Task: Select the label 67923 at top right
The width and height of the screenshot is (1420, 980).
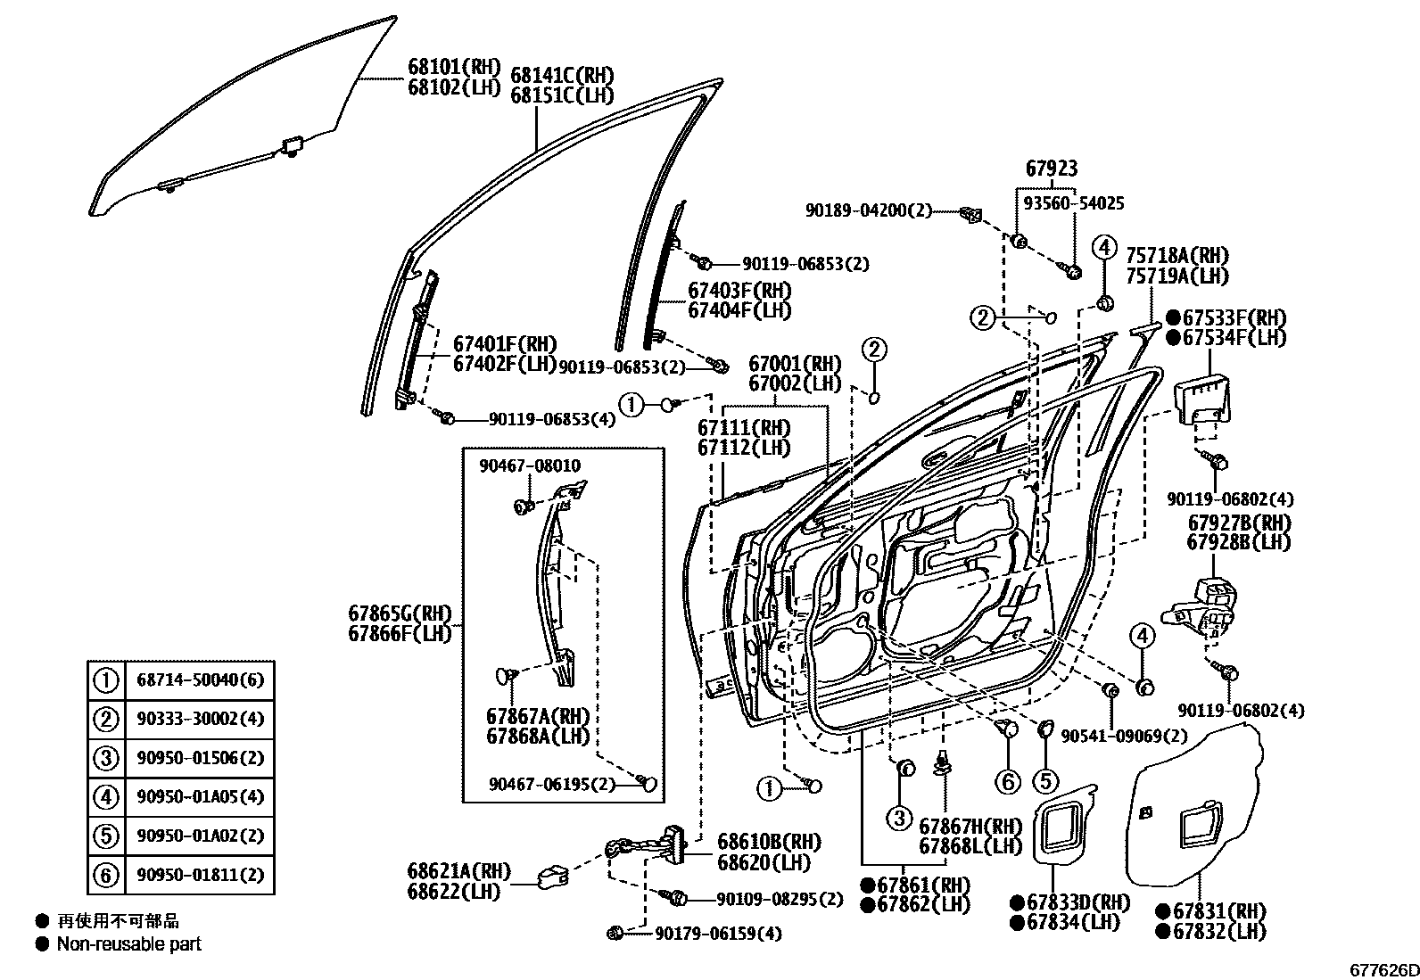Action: point(1051,168)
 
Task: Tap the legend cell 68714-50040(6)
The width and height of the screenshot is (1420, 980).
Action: point(200,680)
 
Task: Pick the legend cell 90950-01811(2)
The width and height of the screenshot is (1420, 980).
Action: point(200,875)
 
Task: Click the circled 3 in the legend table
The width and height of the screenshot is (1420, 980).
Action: point(106,759)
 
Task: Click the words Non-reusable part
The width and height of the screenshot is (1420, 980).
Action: point(129,943)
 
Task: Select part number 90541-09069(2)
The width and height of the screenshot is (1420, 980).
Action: point(1124,736)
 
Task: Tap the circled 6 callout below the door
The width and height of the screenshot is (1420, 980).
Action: point(1008,782)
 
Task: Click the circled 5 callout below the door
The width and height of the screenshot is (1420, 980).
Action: point(1044,782)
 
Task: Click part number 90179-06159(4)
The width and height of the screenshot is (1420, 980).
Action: point(717,934)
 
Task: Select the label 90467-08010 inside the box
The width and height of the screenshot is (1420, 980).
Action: point(529,465)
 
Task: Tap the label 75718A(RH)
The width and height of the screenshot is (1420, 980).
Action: point(1176,256)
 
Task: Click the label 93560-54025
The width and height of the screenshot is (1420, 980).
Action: point(1073,203)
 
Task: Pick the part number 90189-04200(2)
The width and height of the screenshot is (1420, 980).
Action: point(868,210)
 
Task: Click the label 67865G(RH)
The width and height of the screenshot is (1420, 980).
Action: point(400,614)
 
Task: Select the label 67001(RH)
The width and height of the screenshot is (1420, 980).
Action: point(795,364)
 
